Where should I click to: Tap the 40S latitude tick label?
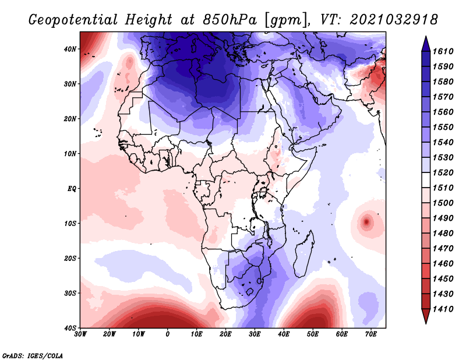tap(70, 328)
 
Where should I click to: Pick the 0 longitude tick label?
tap(168, 335)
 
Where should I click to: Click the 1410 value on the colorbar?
tap(444, 309)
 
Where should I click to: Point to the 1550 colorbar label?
tap(444, 126)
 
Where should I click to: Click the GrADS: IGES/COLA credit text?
tap(33, 355)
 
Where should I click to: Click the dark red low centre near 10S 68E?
tap(366, 222)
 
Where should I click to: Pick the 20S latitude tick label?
tap(70, 259)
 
